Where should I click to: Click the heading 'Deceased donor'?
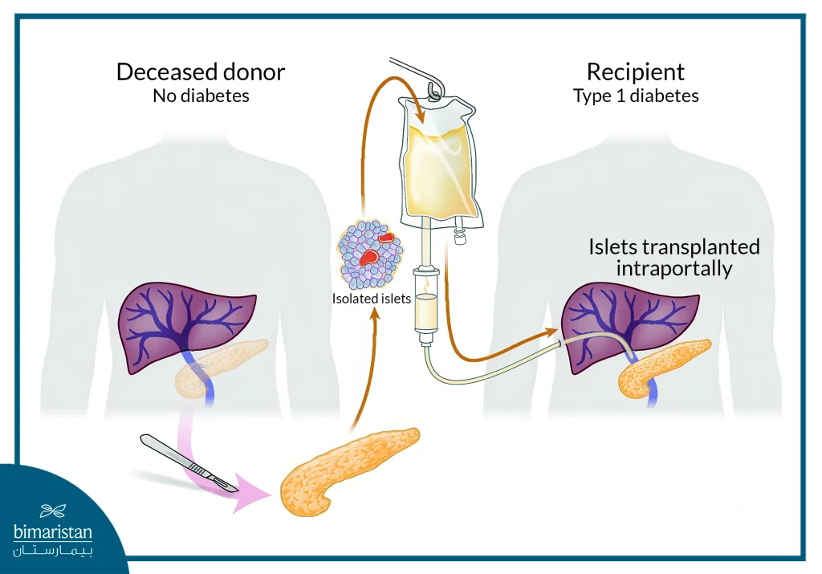pyautogui.click(x=200, y=71)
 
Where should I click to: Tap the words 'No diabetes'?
pyautogui.click(x=201, y=96)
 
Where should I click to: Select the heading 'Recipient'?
pyautogui.click(x=635, y=71)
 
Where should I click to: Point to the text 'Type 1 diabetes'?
pyautogui.click(x=635, y=96)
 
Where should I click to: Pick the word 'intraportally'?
pyautogui.click(x=673, y=268)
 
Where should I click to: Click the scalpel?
pyautogui.click(x=189, y=462)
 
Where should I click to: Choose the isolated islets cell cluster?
pyautogui.click(x=370, y=254)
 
